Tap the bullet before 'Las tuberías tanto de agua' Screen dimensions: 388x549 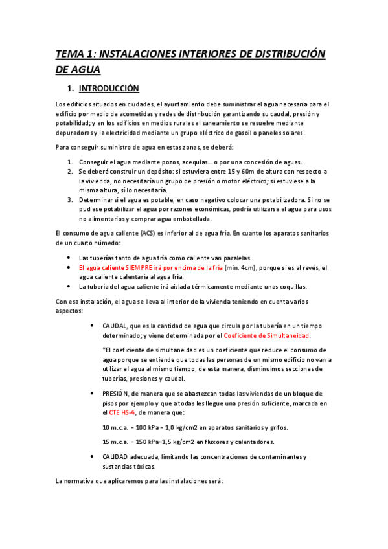pyautogui.click(x=71, y=257)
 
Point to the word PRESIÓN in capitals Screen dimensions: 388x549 pyautogui.click(x=117, y=393)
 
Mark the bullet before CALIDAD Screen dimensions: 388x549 pyautogui.click(x=95, y=456)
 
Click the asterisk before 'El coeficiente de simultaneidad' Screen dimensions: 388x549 pyautogui.click(x=104, y=350)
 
